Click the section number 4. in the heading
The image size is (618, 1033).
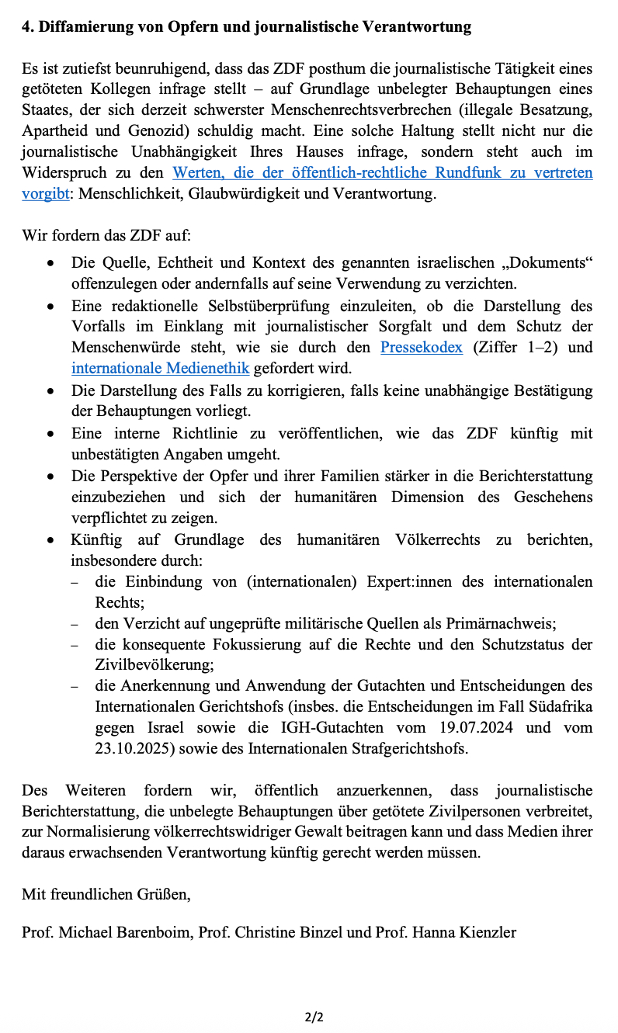coord(28,26)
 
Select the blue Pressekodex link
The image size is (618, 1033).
coord(421,347)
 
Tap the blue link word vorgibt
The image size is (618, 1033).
coord(46,193)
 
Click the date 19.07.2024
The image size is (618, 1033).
coord(483,727)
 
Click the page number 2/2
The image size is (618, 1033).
coord(314,1017)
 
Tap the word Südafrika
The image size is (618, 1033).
coord(561,706)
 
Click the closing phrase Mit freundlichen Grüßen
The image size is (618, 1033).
coord(106,894)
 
